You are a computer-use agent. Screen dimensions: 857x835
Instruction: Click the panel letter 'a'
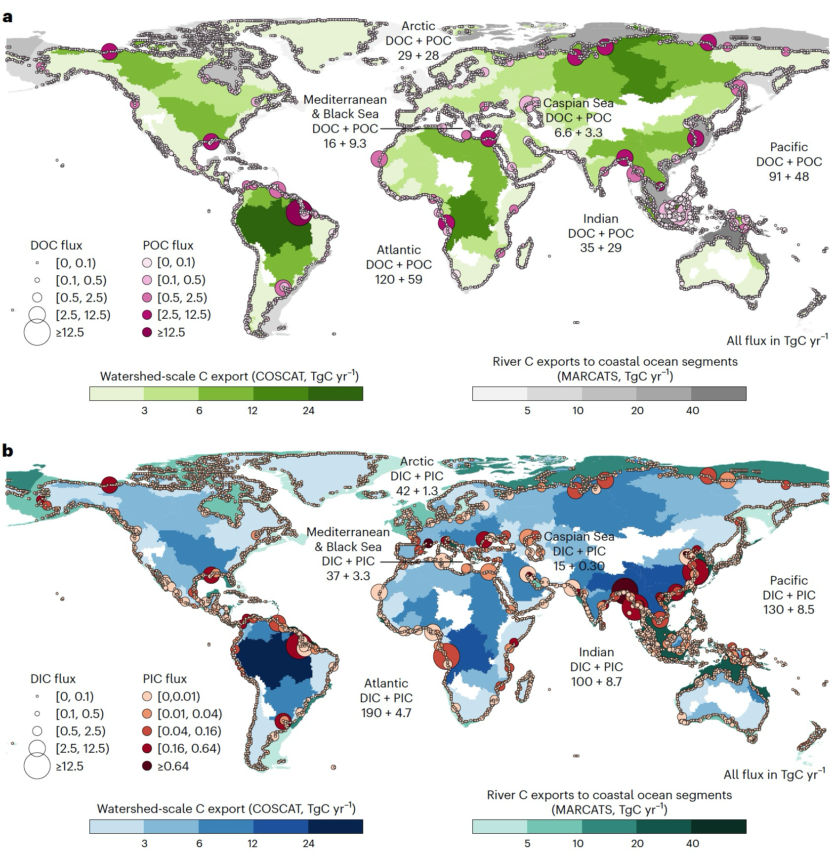[7, 18]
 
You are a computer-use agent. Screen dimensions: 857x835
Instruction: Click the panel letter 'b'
[7, 451]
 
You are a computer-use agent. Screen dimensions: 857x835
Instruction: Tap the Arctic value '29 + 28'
[418, 55]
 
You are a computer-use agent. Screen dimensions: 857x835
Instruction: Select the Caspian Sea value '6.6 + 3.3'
[578, 132]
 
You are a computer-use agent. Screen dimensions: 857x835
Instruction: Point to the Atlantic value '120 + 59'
[398, 279]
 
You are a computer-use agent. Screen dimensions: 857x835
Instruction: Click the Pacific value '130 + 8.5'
[788, 609]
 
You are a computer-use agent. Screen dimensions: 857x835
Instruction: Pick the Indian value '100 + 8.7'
[596, 682]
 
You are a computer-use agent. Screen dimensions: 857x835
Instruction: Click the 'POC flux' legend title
[168, 245]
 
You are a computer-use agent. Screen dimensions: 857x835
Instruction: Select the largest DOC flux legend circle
[37, 332]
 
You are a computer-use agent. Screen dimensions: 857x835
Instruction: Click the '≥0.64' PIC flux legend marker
[147, 766]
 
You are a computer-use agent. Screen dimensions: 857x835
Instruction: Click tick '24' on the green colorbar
[308, 411]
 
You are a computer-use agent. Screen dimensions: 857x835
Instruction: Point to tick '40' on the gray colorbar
[693, 411]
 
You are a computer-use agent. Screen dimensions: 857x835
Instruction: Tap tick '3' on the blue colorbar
[144, 843]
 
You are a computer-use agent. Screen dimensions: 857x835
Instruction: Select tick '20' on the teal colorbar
[637, 843]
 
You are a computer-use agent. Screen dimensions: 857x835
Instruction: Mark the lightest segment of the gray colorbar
[500, 393]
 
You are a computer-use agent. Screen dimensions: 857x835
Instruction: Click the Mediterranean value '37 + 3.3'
[348, 576]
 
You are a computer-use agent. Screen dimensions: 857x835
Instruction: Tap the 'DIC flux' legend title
[53, 679]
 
